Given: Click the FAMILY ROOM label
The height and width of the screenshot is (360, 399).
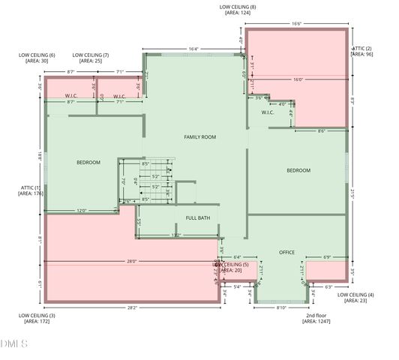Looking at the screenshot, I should (x=200, y=137).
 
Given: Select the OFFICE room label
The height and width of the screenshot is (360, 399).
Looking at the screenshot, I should (x=287, y=252).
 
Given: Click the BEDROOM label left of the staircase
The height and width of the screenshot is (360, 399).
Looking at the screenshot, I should (x=88, y=163).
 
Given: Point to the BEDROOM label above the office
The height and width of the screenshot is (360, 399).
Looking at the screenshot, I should (x=298, y=170).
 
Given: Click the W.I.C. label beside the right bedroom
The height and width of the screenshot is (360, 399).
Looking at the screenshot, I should (x=268, y=113).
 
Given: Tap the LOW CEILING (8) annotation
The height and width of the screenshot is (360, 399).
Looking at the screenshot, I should (x=238, y=10).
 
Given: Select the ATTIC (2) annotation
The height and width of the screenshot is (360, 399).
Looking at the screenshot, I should (x=363, y=51).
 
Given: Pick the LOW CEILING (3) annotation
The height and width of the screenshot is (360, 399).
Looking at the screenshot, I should (x=37, y=318).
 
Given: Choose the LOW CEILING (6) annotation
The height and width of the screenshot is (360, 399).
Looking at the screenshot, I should (x=37, y=58).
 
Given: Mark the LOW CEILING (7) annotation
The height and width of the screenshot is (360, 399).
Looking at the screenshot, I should (x=91, y=58).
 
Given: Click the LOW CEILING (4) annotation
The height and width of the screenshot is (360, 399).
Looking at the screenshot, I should (x=361, y=298).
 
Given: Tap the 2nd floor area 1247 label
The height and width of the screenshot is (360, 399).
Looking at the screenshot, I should (x=316, y=318).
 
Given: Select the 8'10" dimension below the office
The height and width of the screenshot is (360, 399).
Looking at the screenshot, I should (x=282, y=307).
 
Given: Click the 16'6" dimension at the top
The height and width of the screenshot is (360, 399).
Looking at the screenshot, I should (x=296, y=24).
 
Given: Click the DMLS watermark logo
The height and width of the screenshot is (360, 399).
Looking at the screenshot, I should (x=14, y=344).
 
